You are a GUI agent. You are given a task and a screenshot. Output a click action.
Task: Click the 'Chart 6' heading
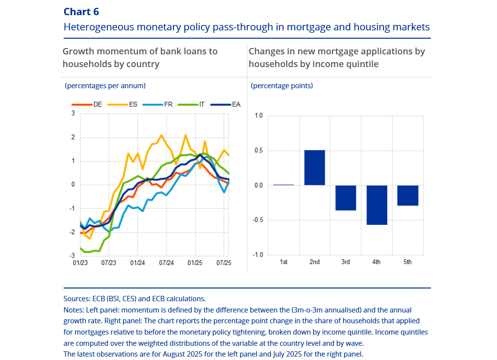coord(81,12)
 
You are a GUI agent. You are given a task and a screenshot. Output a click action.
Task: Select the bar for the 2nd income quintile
coord(314,168)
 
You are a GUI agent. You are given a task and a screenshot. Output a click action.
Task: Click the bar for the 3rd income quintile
coord(345,198)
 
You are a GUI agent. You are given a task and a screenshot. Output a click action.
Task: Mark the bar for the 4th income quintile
coord(377,205)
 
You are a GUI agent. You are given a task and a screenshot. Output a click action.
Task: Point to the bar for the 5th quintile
coord(407,195)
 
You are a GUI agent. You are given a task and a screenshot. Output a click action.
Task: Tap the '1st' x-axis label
coord(284,262)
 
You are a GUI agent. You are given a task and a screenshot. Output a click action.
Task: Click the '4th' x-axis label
coord(377,262)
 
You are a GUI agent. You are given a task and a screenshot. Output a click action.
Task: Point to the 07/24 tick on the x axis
coord(166,263)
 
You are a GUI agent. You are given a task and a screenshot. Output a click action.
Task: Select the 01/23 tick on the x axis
coord(80,263)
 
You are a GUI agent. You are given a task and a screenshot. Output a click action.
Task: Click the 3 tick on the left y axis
coord(73,113)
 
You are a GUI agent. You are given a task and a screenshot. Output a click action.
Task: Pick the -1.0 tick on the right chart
coord(258,255)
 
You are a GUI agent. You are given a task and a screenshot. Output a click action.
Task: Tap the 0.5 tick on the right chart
coord(259,150)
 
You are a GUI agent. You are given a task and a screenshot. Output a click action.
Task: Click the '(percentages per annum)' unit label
coord(105,86)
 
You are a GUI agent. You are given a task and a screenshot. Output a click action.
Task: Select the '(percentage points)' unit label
coord(282,86)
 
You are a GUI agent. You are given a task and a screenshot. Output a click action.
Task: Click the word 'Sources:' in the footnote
coord(77,298)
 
